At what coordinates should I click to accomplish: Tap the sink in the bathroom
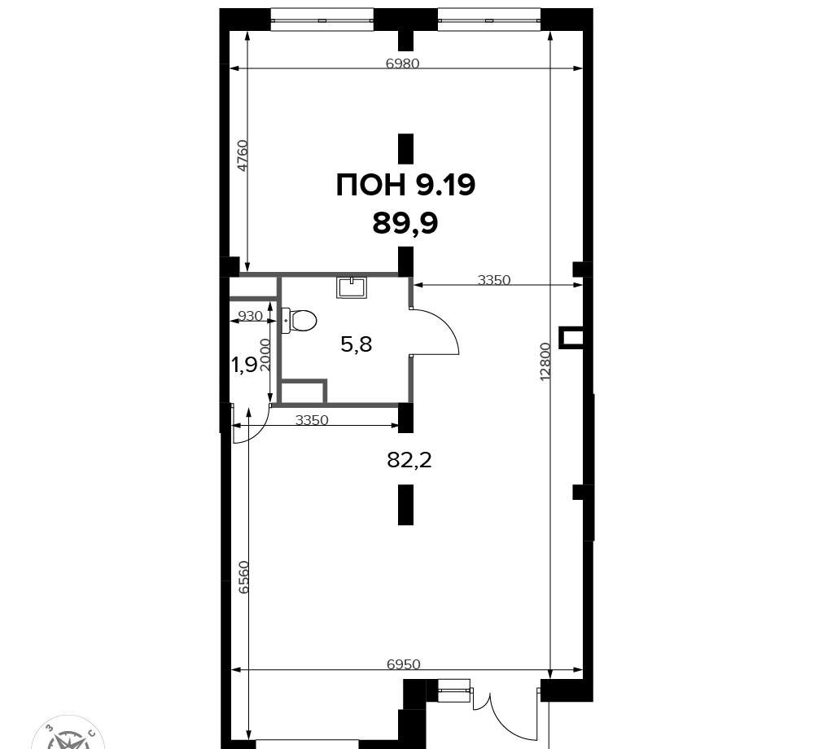tap(352, 287)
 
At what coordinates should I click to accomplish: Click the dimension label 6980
tap(402, 64)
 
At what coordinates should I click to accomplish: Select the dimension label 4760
tap(243, 155)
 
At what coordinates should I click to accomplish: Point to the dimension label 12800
tap(545, 361)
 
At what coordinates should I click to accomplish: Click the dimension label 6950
tap(404, 664)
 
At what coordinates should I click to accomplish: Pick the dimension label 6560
tap(244, 576)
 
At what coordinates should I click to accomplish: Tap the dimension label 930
tap(250, 316)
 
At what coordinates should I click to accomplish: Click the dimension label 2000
tap(265, 354)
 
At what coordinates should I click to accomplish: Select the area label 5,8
tap(357, 344)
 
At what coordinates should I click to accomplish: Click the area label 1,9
tap(244, 366)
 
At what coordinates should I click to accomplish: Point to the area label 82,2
tap(409, 460)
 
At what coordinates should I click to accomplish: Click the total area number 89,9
tap(405, 224)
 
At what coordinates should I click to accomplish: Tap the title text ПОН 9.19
tap(405, 186)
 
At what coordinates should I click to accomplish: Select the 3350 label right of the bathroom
tap(494, 280)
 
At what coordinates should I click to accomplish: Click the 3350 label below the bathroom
tap(312, 419)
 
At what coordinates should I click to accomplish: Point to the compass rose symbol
tap(68, 733)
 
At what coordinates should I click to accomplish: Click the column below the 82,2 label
tap(405, 505)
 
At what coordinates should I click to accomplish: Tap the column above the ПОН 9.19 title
tap(405, 148)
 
